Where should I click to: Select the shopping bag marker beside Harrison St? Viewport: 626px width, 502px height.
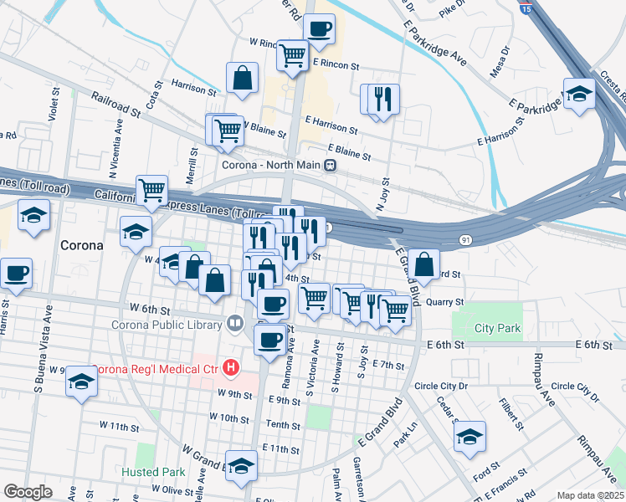(x=242, y=79)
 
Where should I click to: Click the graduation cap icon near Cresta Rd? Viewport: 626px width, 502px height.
(x=578, y=95)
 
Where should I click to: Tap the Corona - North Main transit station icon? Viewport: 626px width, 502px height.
(x=331, y=165)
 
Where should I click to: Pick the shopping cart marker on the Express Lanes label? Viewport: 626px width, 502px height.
(x=151, y=191)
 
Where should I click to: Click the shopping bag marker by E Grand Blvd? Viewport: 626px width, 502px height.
(x=424, y=264)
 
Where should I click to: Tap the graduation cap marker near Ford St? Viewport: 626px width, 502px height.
(x=469, y=436)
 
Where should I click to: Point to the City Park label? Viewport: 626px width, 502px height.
(x=497, y=328)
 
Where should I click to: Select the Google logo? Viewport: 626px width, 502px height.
(x=28, y=492)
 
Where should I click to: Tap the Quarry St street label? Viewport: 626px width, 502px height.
(x=444, y=302)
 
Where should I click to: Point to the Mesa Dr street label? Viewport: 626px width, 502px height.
(x=500, y=64)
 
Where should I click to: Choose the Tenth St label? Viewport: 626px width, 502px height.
(x=283, y=425)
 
